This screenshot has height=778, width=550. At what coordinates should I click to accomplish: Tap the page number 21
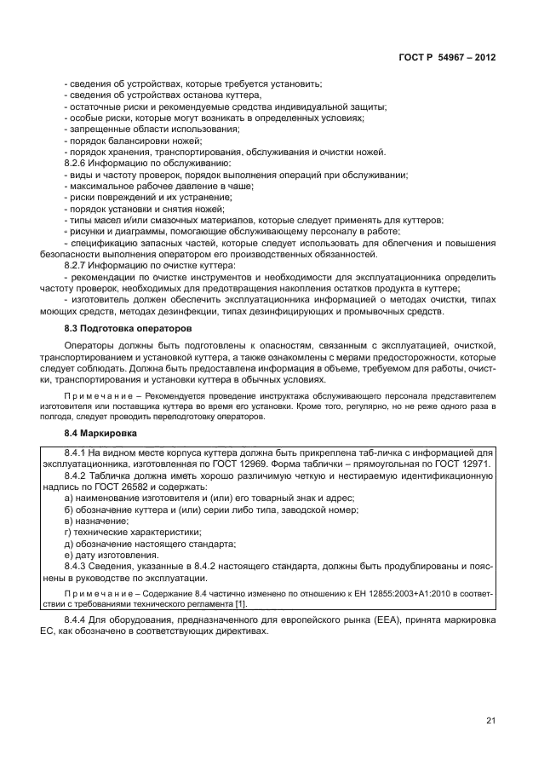(490, 720)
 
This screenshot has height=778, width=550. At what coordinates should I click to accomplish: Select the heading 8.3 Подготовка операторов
(128, 328)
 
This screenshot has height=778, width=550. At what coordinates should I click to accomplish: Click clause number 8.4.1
(78, 453)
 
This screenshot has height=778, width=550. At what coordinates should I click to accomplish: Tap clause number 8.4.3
(78, 566)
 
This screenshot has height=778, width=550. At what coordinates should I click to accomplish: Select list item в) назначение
(97, 521)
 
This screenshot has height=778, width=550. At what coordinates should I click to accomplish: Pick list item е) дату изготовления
(112, 554)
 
